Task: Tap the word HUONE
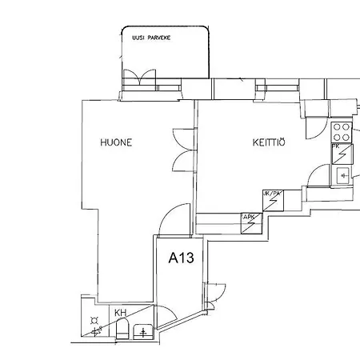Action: click(x=115, y=142)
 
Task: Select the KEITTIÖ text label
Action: click(x=269, y=142)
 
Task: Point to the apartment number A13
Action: click(x=181, y=258)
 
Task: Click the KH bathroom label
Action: click(x=120, y=313)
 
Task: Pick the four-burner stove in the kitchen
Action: click(x=342, y=130)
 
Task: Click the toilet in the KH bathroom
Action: click(x=122, y=329)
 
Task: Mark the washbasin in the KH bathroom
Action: click(x=144, y=330)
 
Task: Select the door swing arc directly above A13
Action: click(x=174, y=220)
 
